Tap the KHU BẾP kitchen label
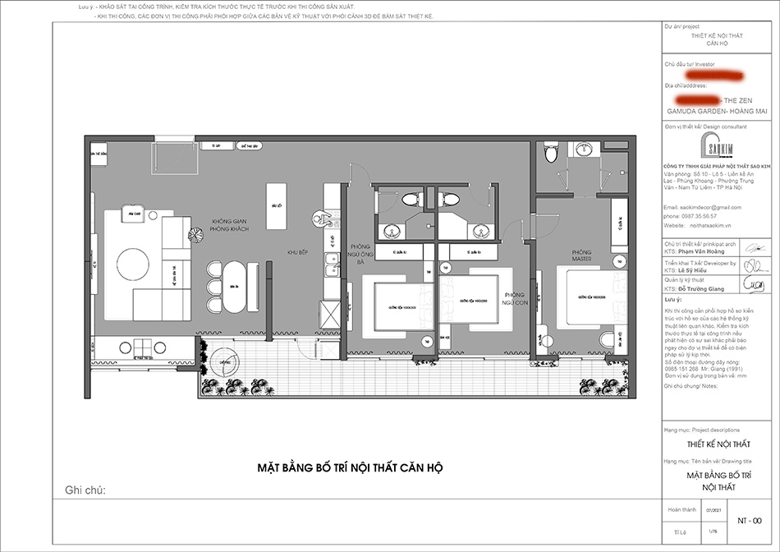pyautogui.click(x=296, y=253)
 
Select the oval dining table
pyautogui.click(x=235, y=287)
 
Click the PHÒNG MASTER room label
pyautogui.click(x=581, y=256)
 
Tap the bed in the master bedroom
pyautogui.click(x=590, y=297)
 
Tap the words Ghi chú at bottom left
pyautogui.click(x=85, y=490)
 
